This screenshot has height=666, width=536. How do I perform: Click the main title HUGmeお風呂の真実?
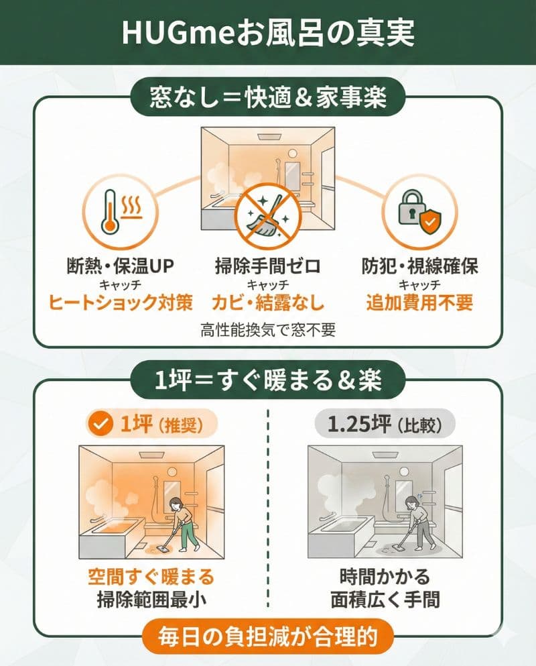click(268, 32)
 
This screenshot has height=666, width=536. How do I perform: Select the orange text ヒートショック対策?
click(121, 302)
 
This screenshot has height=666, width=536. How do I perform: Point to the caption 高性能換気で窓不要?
click(267, 329)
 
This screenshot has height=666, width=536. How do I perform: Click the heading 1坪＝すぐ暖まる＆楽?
click(268, 380)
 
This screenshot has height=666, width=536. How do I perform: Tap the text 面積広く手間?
click(385, 599)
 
